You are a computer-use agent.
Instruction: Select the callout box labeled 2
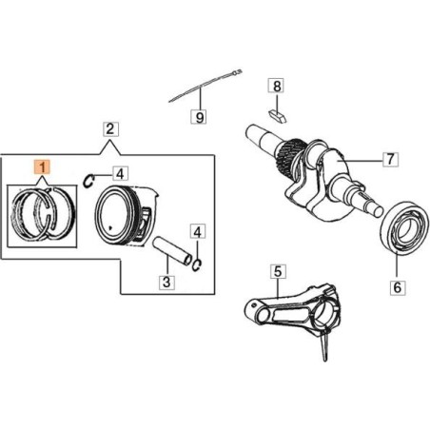point(110,128)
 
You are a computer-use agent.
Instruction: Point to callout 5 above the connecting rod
point(277,272)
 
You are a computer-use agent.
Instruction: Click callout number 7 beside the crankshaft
point(388,159)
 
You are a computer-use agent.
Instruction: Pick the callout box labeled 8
point(277,88)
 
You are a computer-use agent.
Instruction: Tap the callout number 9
point(200,117)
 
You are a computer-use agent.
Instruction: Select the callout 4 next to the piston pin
point(196,231)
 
